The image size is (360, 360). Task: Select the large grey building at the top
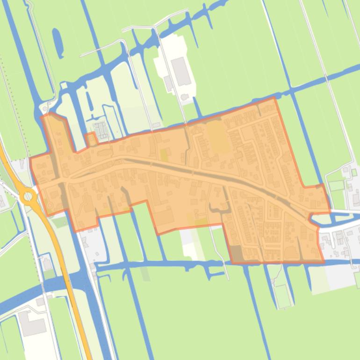tap(181, 72)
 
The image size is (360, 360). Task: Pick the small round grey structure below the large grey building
tap(185, 97)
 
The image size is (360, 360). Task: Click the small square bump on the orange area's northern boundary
tap(91, 138)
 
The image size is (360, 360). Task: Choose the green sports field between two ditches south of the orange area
tap(283, 295)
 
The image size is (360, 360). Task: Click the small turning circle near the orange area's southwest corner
tap(50, 205)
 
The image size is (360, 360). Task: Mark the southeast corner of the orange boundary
tap(324, 263)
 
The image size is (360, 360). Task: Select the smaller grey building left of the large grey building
tap(168, 83)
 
